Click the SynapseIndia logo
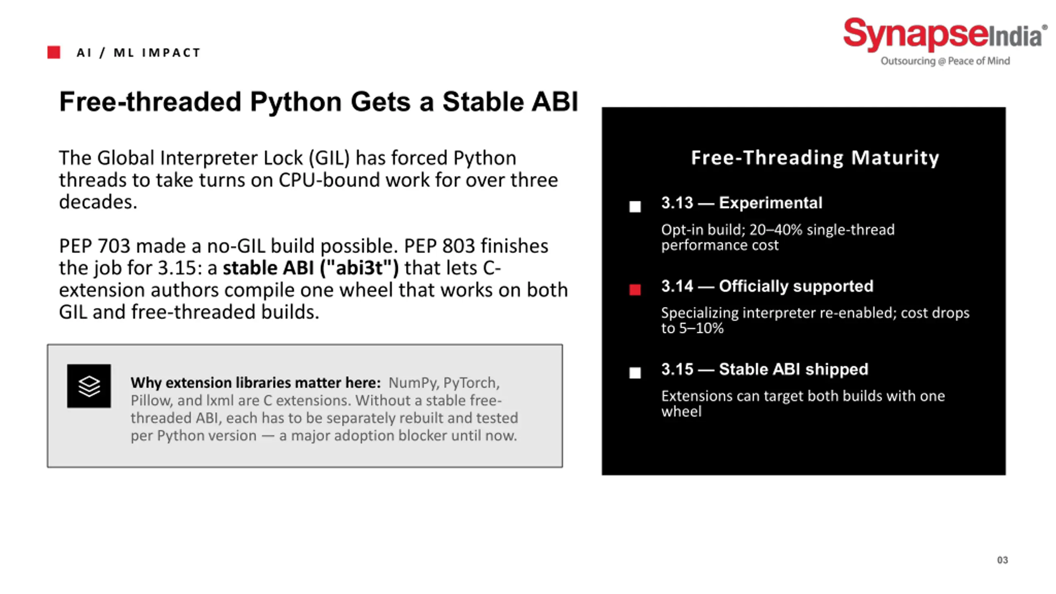pos(945,41)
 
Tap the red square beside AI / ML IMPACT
pos(54,52)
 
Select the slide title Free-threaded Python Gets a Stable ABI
pos(318,101)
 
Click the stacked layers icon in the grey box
pos(89,386)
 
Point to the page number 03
pos(1002,560)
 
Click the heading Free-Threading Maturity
pos(815,158)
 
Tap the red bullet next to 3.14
pos(635,290)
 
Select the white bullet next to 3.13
pos(635,206)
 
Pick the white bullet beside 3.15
pos(635,372)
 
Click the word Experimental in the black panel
pos(771,203)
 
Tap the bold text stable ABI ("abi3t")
pos(311,268)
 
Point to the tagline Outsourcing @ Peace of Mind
pos(945,61)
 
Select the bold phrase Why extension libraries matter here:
pos(256,383)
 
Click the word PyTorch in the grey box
pos(471,383)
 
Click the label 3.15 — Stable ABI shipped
pos(765,369)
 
